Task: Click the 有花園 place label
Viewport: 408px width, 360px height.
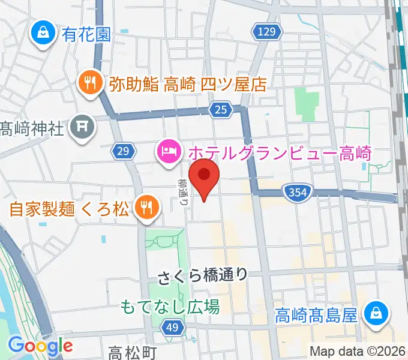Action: [86, 34]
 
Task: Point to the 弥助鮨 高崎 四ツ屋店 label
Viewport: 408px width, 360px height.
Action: [188, 84]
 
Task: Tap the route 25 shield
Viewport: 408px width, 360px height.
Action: [220, 109]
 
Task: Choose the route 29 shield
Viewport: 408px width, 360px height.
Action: [122, 152]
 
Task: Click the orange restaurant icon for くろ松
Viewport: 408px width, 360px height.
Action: [145, 208]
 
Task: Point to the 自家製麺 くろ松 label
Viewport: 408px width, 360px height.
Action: [69, 209]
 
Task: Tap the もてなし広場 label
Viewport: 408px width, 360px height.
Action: [170, 307]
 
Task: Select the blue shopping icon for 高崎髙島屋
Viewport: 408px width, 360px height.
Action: [377, 313]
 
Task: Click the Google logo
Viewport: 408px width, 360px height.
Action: [40, 345]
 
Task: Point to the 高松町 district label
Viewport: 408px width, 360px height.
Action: [133, 352]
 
